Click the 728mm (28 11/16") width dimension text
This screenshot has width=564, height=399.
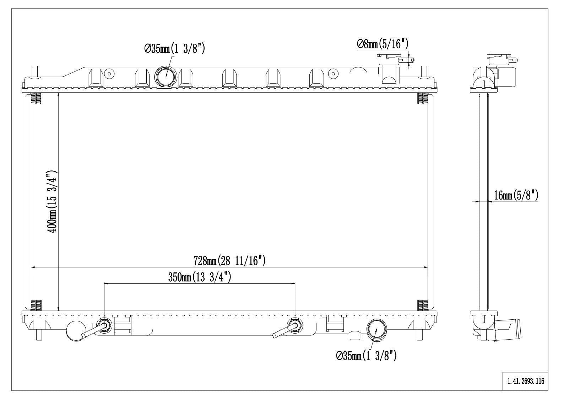[229, 261]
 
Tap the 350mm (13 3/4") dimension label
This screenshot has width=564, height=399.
[200, 277]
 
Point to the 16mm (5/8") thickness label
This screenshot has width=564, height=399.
[516, 195]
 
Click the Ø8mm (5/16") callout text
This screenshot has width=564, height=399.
[383, 44]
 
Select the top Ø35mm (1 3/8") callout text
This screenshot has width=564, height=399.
[175, 49]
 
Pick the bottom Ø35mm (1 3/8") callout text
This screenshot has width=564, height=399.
[366, 355]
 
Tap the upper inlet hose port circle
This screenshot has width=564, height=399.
[166, 76]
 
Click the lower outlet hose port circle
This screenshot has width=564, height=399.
[376, 329]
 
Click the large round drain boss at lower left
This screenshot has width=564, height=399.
[76, 330]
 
